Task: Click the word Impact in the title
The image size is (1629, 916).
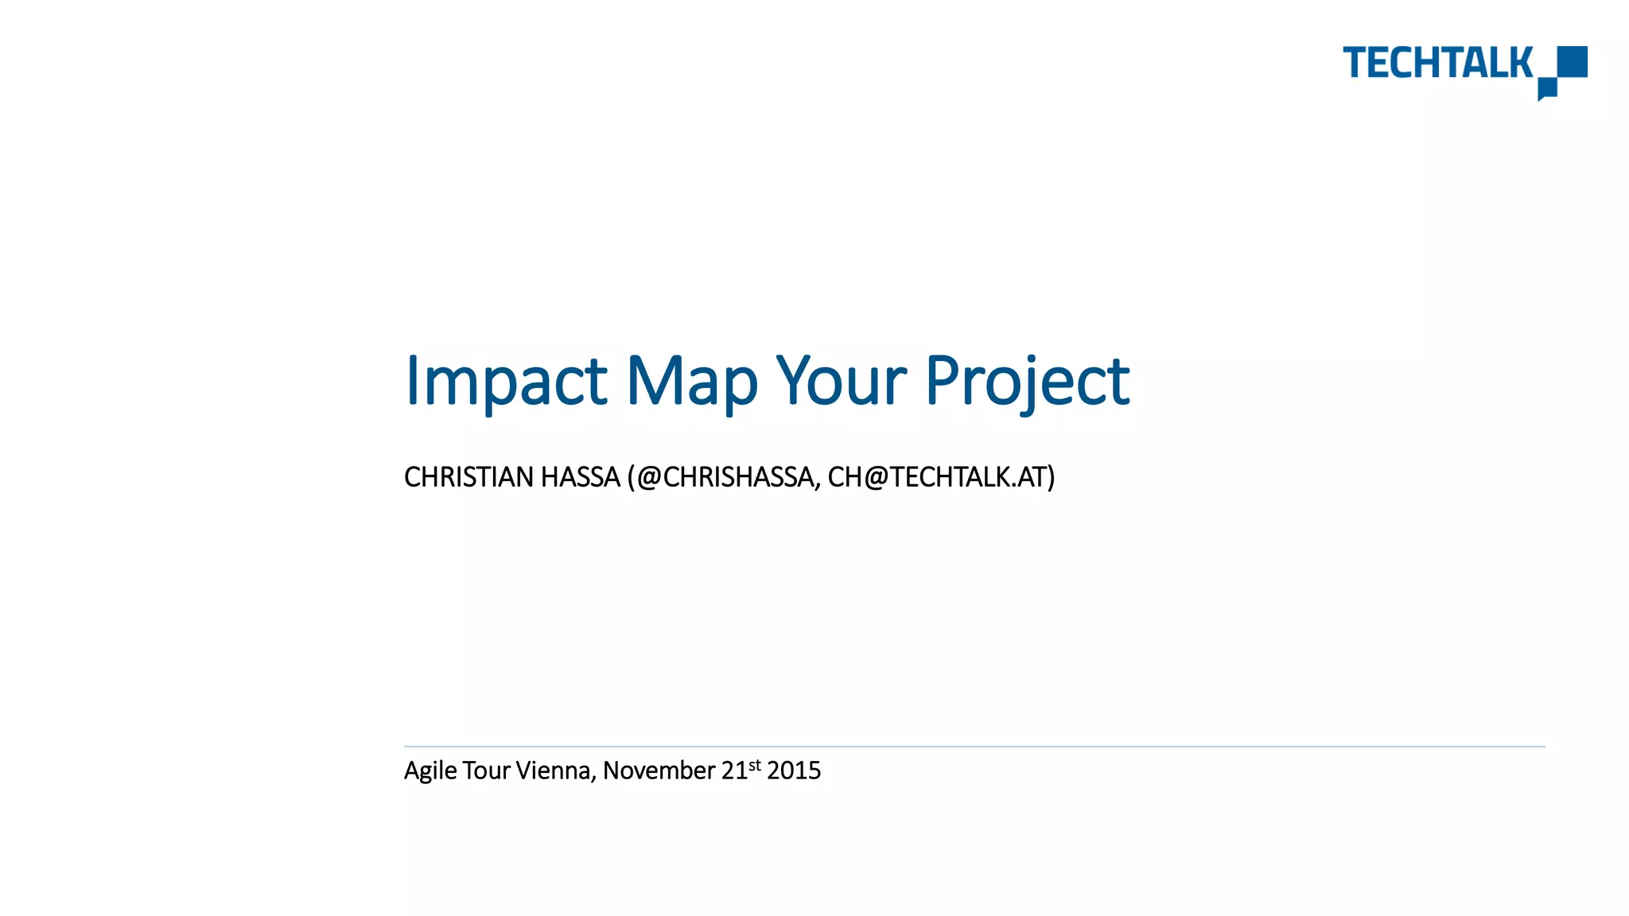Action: point(506,381)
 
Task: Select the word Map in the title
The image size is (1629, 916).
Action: point(691,381)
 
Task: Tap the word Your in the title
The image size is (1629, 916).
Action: point(841,381)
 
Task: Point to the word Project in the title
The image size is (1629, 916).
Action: point(1027,381)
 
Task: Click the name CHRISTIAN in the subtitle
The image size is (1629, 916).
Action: point(468,477)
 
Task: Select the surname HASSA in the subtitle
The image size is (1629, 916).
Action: point(580,477)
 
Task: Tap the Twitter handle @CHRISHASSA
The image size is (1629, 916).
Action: point(726,477)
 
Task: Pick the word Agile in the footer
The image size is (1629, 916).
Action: point(430,770)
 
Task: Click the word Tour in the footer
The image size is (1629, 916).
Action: point(485,770)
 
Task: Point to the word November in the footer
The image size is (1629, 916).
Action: point(659,770)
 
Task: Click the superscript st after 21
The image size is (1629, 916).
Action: point(755,765)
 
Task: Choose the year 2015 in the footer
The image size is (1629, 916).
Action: point(794,770)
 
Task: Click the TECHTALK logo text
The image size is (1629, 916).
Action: point(1437,63)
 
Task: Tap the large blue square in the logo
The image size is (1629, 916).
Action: point(1572,61)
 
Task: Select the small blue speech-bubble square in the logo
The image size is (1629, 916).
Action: point(1547,88)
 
